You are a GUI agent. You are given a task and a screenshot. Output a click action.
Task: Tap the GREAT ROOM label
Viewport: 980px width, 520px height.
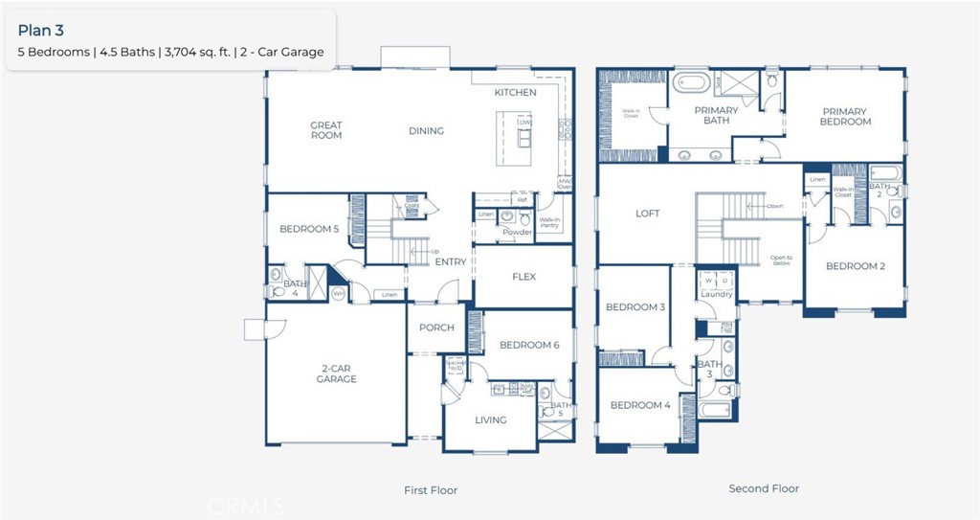coord(326,130)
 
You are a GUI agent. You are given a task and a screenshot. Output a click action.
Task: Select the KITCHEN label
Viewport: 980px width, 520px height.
coord(515,93)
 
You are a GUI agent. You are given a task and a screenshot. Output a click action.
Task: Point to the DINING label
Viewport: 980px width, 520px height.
coord(426,131)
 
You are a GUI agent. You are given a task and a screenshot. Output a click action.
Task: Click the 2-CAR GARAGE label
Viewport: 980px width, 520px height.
coord(336,373)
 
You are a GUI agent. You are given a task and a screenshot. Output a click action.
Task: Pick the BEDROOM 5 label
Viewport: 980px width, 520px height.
coord(309,230)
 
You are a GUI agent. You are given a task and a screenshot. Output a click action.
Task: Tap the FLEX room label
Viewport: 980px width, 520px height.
coord(523,278)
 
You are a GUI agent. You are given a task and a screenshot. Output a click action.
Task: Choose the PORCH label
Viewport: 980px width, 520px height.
coord(436,328)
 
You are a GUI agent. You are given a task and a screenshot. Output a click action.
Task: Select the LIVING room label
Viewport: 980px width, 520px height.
coord(491,419)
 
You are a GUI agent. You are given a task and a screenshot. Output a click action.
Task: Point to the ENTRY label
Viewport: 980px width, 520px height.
coord(451,262)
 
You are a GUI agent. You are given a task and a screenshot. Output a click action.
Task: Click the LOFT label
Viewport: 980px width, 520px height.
coord(648,214)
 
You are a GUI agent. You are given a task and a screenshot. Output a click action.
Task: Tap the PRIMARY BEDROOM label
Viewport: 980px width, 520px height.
coord(845,117)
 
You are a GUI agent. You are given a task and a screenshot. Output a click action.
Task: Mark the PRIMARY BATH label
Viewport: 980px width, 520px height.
coord(716,116)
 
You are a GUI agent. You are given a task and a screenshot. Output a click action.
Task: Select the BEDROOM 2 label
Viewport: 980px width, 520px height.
coord(856,266)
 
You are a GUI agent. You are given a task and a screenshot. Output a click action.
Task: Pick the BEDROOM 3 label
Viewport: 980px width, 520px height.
coord(635,307)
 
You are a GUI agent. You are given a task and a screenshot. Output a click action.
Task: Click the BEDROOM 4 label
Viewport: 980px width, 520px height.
coord(640,405)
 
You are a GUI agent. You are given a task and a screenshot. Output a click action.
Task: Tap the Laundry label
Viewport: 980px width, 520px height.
coord(716,295)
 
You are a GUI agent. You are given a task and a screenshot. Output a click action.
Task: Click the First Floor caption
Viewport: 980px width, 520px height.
coord(431,490)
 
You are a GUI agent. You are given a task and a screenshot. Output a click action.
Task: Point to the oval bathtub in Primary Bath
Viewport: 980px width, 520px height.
coord(691,83)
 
